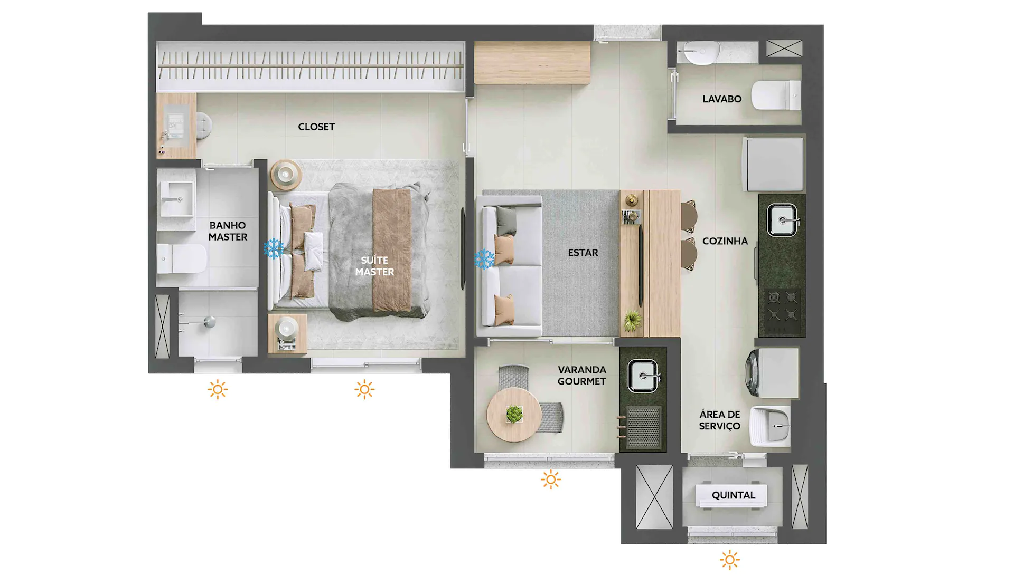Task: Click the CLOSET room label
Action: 316,127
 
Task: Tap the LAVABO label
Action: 722,99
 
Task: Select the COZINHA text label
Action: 725,241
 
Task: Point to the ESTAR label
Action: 583,253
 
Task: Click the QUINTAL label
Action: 734,495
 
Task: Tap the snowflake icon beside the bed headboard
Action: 274,248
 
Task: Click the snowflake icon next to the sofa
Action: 484,259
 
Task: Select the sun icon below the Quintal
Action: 730,560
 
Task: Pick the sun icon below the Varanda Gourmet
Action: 551,479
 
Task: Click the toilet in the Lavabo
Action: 776,95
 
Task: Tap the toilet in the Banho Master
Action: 182,258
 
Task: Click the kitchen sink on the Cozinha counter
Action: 782,220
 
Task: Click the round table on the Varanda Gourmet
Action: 514,415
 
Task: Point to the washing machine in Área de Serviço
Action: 772,372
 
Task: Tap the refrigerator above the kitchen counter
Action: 773,164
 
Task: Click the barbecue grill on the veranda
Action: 643,427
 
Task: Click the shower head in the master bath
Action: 210,322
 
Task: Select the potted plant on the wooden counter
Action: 632,320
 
